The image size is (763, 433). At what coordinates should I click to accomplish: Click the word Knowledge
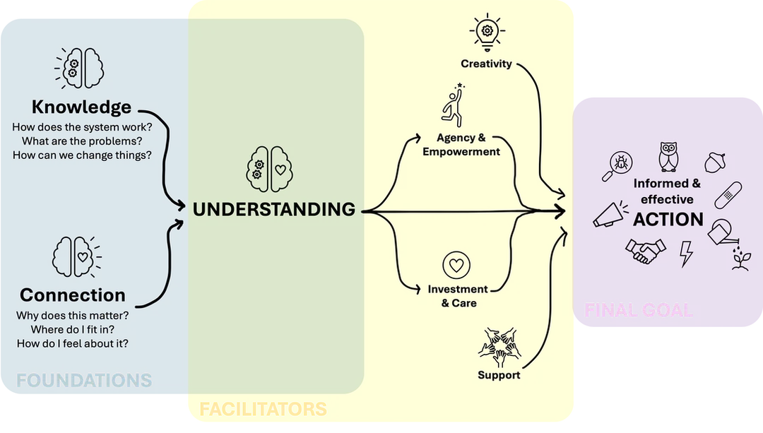81,107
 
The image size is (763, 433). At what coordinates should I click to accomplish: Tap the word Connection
73,295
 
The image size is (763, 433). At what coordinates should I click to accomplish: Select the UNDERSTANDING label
274,209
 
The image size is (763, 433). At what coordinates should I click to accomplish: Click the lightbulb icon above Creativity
487,32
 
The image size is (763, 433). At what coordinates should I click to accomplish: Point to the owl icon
668,157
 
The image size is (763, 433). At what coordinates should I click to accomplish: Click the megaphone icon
609,214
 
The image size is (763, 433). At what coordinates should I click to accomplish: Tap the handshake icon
645,251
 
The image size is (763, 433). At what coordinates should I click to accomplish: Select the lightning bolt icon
686,254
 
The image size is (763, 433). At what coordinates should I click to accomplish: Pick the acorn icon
715,162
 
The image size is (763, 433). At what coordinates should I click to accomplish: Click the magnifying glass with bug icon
617,166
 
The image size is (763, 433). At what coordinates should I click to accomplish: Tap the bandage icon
728,195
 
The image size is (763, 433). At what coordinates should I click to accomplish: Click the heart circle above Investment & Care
456,265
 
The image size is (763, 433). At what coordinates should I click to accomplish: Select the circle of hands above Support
499,347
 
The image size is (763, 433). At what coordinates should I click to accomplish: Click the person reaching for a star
454,105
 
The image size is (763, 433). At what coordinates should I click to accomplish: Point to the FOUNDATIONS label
84,380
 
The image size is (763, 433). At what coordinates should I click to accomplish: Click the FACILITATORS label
264,409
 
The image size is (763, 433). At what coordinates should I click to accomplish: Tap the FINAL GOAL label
639,310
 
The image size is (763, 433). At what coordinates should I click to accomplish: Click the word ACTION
668,220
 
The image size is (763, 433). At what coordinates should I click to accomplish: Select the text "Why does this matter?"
73,315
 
